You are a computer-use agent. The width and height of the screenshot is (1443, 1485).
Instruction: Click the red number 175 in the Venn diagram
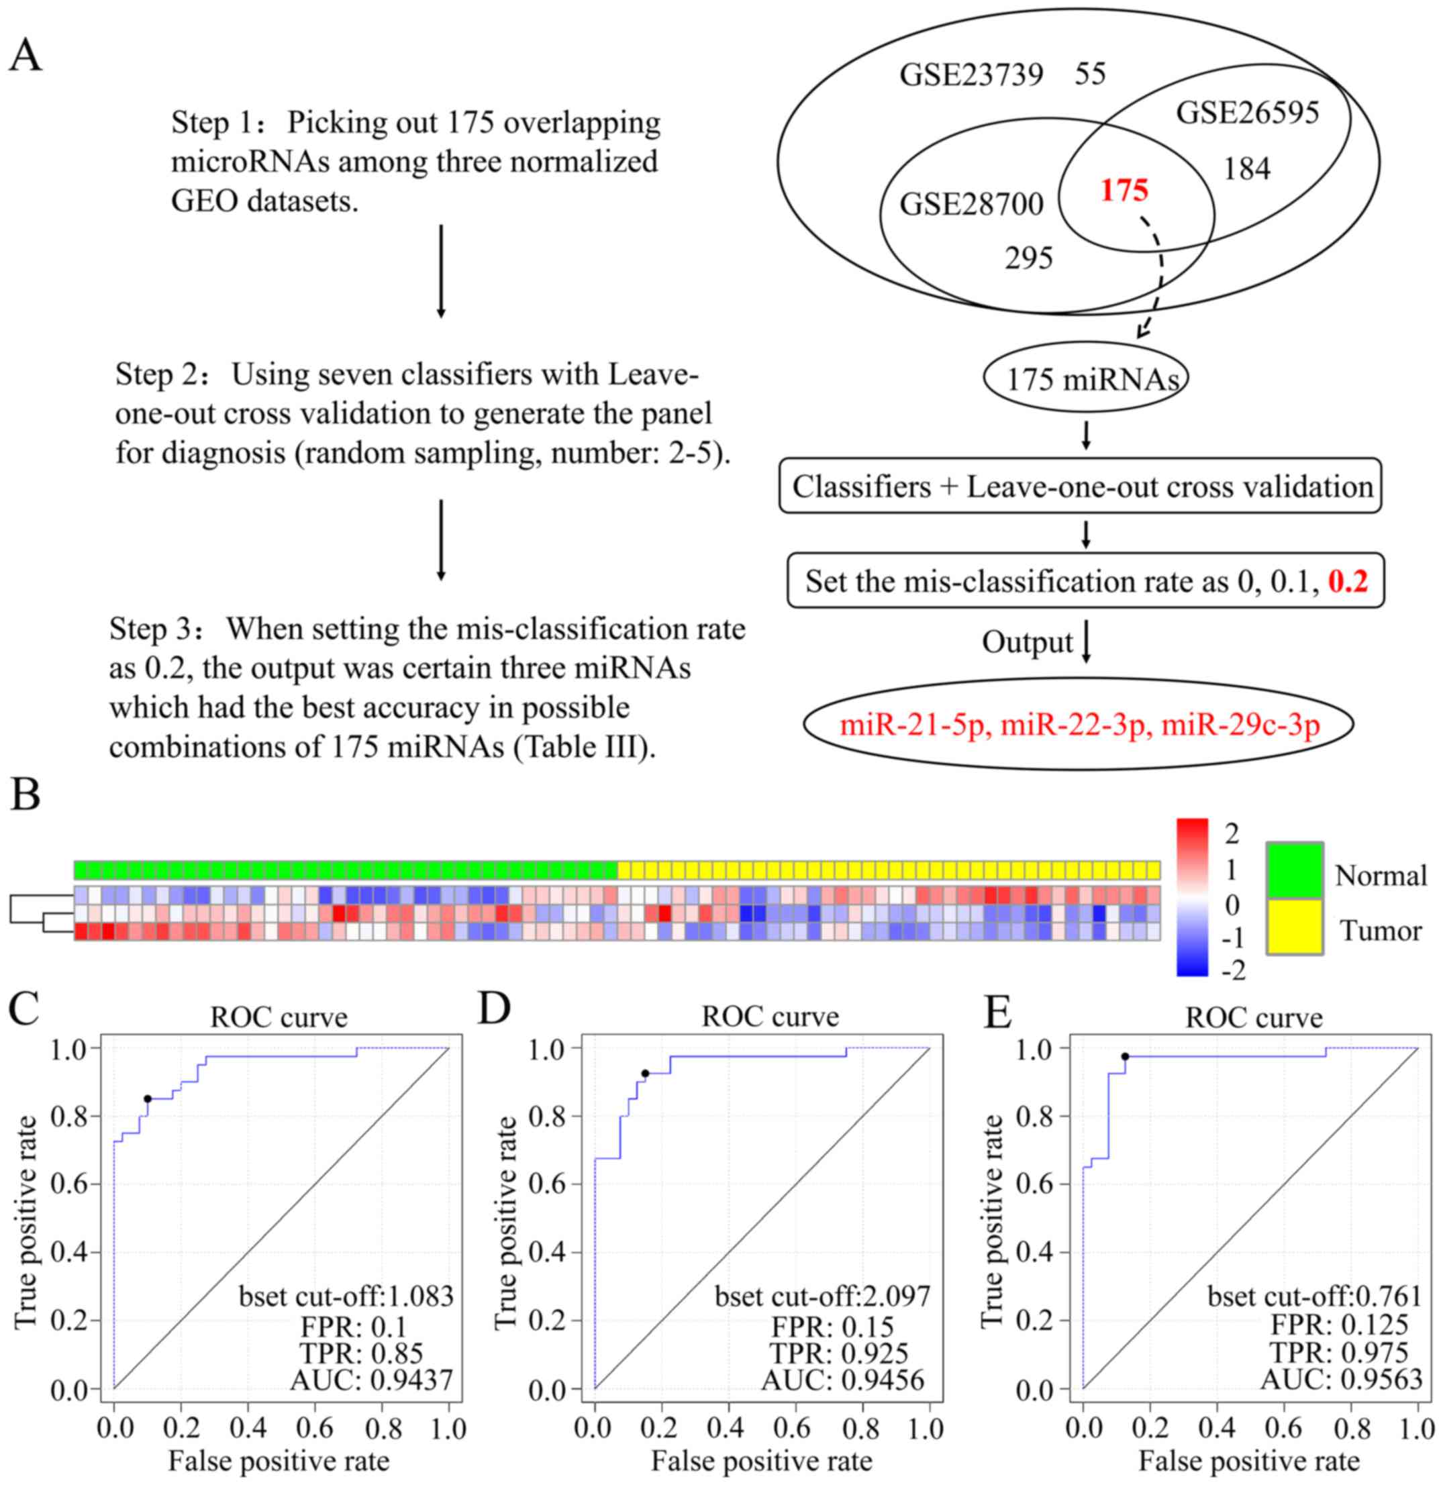pyautogui.click(x=1124, y=190)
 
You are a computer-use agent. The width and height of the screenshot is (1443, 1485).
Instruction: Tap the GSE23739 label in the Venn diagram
pyautogui.click(x=971, y=75)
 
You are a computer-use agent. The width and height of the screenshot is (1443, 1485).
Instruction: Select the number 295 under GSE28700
pyautogui.click(x=1028, y=259)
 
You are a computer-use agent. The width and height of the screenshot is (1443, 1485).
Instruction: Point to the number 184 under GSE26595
pyautogui.click(x=1247, y=169)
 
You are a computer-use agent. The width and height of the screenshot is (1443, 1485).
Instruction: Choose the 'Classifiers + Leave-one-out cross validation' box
pyautogui.click(x=1081, y=487)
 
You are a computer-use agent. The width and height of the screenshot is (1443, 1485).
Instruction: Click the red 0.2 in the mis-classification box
pyautogui.click(x=1348, y=582)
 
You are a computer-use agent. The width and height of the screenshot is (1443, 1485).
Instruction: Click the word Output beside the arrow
pyautogui.click(x=1027, y=642)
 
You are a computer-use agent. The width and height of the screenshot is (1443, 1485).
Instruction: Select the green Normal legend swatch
pyautogui.click(x=1295, y=869)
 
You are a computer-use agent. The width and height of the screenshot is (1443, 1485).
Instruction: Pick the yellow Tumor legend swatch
pyautogui.click(x=1295, y=927)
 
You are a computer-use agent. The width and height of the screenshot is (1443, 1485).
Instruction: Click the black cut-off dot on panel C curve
pyautogui.click(x=148, y=1098)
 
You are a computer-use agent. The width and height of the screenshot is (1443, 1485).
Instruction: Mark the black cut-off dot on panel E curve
pyautogui.click(x=1126, y=1056)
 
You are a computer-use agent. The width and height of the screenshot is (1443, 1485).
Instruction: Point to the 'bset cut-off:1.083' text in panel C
pyautogui.click(x=346, y=1296)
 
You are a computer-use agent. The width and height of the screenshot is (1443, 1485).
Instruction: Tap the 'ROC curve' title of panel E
pyautogui.click(x=1254, y=1017)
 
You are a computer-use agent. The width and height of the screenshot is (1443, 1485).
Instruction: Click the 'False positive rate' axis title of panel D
pyautogui.click(x=762, y=1460)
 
